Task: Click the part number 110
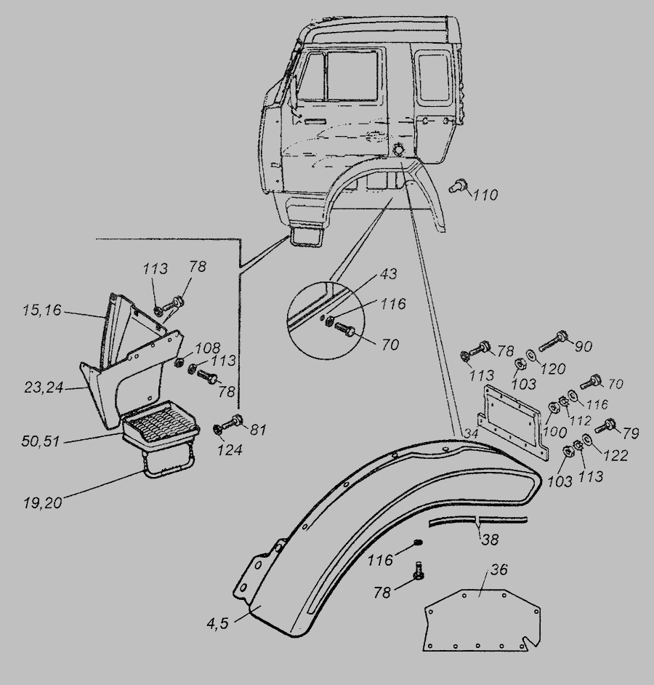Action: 485,195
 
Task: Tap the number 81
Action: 258,430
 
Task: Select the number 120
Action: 553,369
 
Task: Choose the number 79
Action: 630,433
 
